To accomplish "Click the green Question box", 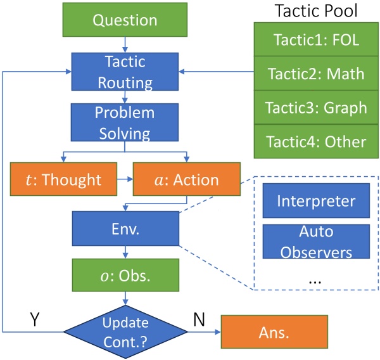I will (125, 20).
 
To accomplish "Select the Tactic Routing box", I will (125, 72).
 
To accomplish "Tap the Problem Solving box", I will (125, 123).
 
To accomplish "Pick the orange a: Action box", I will (186, 179).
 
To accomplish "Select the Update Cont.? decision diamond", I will (125, 331).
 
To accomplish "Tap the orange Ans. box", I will (274, 331).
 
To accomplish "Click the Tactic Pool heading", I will (312, 12).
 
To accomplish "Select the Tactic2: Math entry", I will (312, 74).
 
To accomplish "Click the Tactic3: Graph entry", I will (312, 107).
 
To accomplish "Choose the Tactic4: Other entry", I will (312, 141).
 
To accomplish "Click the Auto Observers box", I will (315, 241).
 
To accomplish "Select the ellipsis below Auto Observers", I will (315, 278).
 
